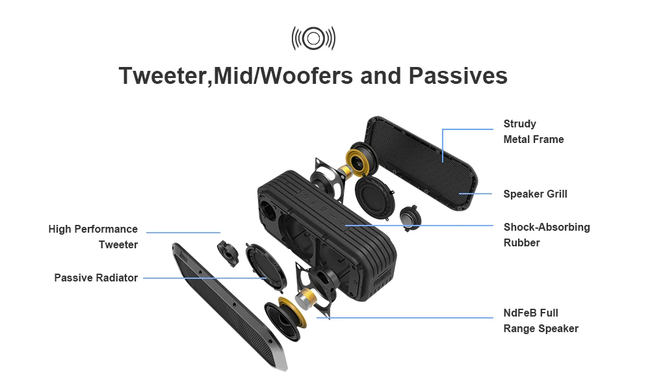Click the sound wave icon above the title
(313, 38)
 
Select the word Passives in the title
(458, 76)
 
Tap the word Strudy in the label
(519, 123)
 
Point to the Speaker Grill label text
(535, 194)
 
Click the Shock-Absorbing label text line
(547, 227)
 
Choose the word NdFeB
(521, 313)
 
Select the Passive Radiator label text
(96, 278)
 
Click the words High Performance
(93, 229)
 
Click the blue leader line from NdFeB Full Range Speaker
(403, 318)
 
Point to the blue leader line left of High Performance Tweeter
(183, 232)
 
